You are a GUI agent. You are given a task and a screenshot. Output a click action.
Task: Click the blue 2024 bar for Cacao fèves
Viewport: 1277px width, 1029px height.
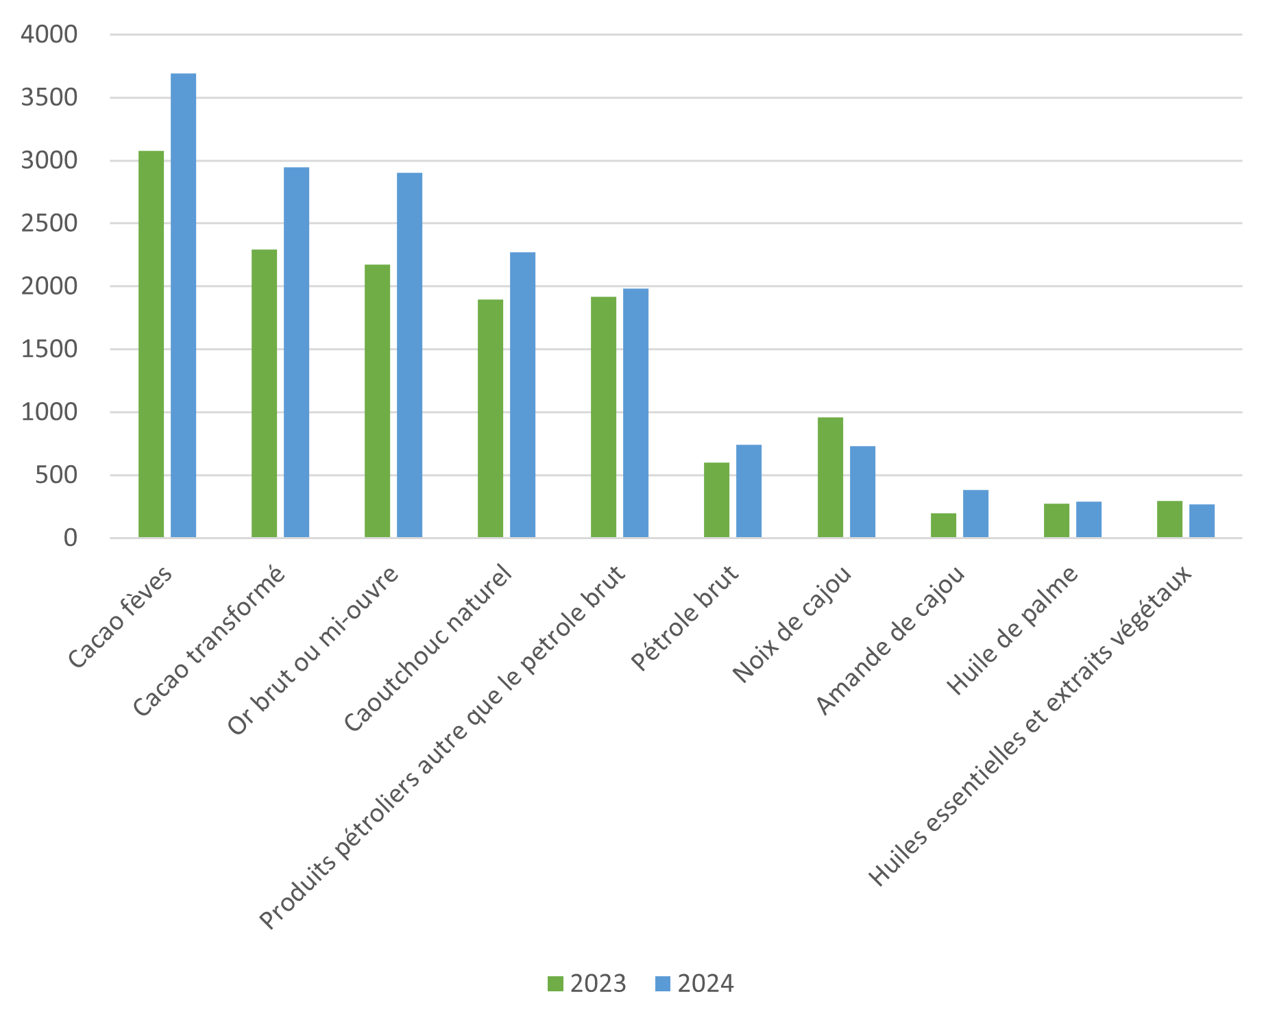[184, 305]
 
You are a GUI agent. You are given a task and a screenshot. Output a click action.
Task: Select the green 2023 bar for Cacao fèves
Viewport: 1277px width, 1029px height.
[151, 344]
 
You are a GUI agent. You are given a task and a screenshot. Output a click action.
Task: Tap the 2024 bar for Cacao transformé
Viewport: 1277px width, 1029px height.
[297, 352]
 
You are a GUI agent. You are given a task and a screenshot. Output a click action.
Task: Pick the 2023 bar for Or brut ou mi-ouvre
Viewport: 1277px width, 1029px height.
[378, 401]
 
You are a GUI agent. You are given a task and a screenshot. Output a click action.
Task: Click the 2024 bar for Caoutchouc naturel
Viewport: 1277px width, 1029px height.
[523, 395]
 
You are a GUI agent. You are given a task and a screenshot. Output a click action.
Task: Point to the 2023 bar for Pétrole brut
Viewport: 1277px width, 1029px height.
[717, 500]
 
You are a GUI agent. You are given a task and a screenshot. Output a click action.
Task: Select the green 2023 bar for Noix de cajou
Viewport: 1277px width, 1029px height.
[830, 478]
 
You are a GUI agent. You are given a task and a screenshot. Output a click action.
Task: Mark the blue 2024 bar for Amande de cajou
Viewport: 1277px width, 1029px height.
[975, 514]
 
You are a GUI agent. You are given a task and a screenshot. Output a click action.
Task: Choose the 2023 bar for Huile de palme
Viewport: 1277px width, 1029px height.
[1056, 521]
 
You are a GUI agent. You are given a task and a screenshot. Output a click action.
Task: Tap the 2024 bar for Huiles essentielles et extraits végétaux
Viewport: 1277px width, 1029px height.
[1202, 521]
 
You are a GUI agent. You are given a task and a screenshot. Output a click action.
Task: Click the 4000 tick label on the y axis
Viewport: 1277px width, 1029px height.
[49, 34]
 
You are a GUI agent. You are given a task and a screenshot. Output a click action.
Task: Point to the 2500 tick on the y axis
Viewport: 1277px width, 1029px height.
[49, 223]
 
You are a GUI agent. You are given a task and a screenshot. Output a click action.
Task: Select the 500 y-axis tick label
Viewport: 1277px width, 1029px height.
[56, 475]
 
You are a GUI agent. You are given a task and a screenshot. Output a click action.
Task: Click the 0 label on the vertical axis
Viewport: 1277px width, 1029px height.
[71, 538]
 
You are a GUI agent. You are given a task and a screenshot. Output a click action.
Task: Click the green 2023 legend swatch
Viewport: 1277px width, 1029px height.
[555, 984]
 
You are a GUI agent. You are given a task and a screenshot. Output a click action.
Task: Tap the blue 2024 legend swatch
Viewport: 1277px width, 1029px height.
[662, 984]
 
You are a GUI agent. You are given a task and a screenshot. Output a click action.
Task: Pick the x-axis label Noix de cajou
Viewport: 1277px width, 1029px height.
[792, 624]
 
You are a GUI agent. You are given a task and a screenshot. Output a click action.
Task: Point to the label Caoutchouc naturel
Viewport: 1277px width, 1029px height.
[428, 648]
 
